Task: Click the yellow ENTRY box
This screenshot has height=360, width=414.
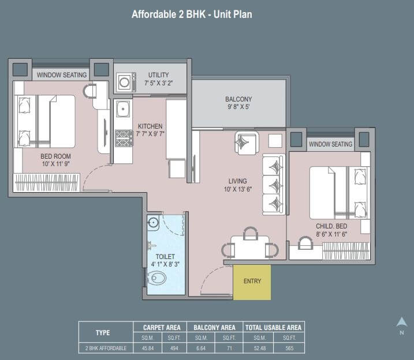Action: point(252,282)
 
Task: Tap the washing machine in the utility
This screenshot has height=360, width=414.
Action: point(126,82)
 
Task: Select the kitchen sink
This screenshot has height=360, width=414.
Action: point(123,109)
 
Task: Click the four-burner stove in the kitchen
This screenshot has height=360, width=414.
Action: point(124,138)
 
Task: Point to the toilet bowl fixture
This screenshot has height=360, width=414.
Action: point(156,277)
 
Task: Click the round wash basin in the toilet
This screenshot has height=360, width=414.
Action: point(153,223)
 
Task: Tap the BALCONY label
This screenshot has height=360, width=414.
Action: point(238,99)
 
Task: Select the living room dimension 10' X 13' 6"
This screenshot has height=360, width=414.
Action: point(238,189)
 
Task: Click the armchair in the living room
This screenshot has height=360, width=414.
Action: point(247,143)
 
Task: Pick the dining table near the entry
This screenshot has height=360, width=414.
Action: point(250,247)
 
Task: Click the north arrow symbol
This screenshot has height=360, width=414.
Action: point(402,322)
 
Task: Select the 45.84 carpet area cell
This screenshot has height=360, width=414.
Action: point(148,348)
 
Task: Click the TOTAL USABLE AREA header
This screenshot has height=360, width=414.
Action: point(273,328)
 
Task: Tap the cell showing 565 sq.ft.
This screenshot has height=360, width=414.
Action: point(289,348)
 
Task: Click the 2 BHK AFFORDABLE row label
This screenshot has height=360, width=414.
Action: point(106,348)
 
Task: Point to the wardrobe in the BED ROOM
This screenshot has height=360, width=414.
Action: point(46,182)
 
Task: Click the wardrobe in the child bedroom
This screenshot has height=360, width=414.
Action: point(346,251)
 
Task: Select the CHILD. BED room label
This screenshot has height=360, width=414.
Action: point(331,226)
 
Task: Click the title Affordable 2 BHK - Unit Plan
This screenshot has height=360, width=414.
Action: point(192,14)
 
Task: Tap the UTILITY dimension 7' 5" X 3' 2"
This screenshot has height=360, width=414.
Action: point(158,83)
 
